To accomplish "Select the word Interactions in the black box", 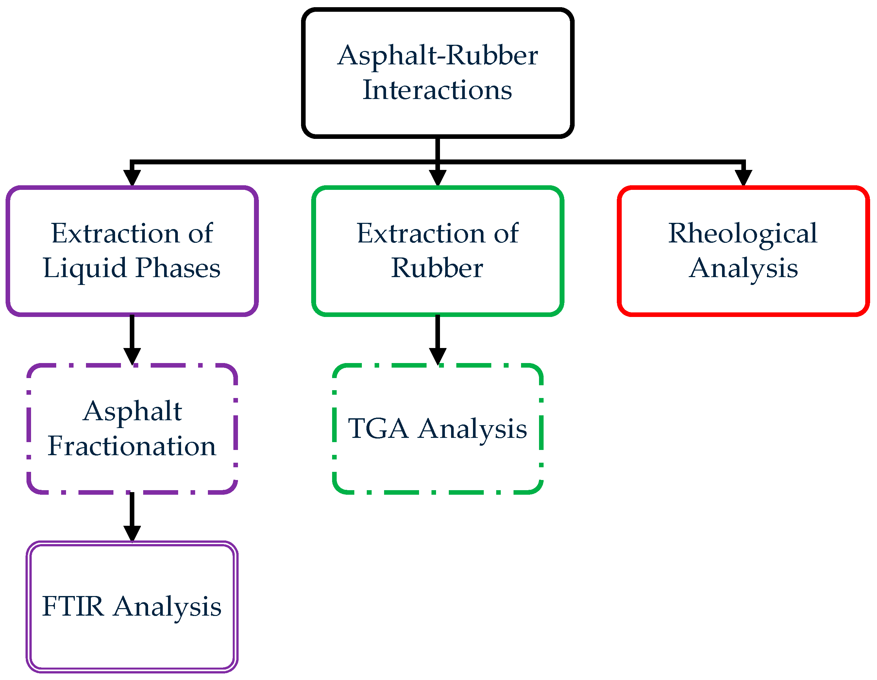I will (437, 90).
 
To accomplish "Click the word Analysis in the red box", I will (743, 268).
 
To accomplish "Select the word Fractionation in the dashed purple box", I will (132, 446).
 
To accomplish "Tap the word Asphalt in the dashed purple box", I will (132, 411).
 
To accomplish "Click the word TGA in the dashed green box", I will (378, 429).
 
